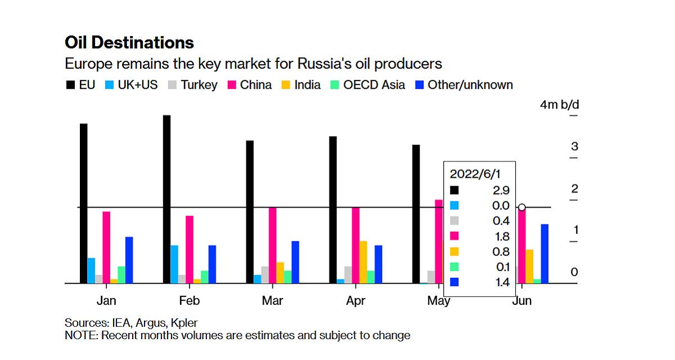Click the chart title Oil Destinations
pyautogui.click(x=129, y=43)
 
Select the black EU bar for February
pyautogui.click(x=166, y=199)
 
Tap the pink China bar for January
pyautogui.click(x=106, y=247)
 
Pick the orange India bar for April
pyautogui.click(x=363, y=262)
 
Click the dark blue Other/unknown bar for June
pyautogui.click(x=544, y=254)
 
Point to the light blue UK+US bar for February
pyautogui.click(x=174, y=264)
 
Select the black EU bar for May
pyautogui.click(x=416, y=214)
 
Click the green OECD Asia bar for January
pyautogui.click(x=121, y=274)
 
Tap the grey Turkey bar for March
pyautogui.click(x=265, y=275)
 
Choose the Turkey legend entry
pyautogui.click(x=192, y=85)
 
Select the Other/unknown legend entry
pyautogui.click(x=464, y=85)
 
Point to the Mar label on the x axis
pyautogui.click(x=273, y=301)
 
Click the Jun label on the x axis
pyautogui.click(x=522, y=301)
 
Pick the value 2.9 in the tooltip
pyautogui.click(x=501, y=190)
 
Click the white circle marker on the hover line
pyautogui.click(x=522, y=208)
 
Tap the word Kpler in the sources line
pyautogui.click(x=183, y=323)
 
